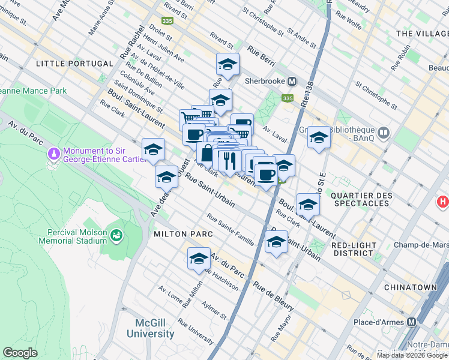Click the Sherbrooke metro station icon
(292, 81)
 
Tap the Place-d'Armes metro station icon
(412, 322)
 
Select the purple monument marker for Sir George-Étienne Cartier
(55, 154)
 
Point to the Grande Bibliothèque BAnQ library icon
(384, 131)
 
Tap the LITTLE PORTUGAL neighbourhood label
(74, 64)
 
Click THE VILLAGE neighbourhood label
(421, 34)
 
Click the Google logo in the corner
(20, 353)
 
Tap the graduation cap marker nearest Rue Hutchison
(199, 259)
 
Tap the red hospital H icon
(443, 202)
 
